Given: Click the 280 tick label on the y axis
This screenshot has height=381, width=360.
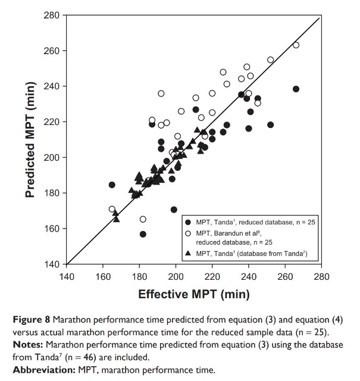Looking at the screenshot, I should [50, 15].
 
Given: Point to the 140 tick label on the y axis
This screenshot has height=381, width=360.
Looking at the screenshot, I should [50, 264].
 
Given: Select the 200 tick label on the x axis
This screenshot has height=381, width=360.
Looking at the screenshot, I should [176, 276].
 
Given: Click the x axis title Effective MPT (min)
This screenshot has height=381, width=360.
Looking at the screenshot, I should [194, 294].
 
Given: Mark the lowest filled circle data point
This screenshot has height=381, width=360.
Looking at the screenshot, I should [143, 234].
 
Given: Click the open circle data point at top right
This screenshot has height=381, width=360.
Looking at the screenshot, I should [296, 45].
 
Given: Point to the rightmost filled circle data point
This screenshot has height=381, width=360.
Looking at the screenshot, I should [296, 89].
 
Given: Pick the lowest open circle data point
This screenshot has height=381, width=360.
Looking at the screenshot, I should [143, 219].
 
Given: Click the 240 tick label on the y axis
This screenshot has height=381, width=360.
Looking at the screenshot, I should [50, 86].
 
